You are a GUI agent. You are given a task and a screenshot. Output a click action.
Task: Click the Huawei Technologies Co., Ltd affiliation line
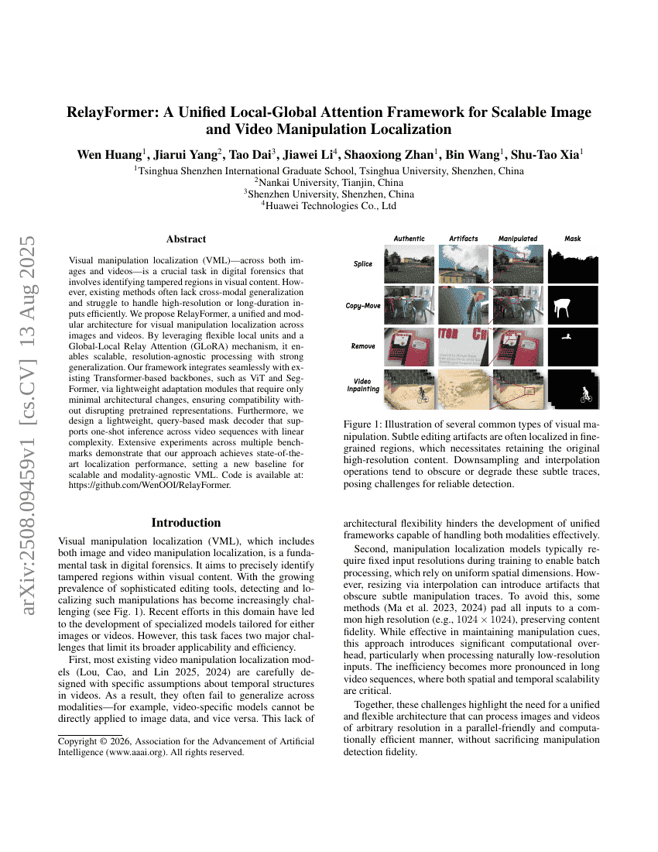pyautogui.click(x=329, y=206)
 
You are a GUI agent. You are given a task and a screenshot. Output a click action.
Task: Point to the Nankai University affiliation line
pyautogui.click(x=329, y=183)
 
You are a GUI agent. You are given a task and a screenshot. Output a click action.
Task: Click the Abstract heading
pyautogui.click(x=186, y=239)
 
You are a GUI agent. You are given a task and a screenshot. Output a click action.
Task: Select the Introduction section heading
pyautogui.click(x=186, y=522)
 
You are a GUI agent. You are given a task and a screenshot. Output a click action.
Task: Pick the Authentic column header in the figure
pyautogui.click(x=409, y=239)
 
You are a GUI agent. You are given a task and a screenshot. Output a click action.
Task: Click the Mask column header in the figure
pyautogui.click(x=573, y=239)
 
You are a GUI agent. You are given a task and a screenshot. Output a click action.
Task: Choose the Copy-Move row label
pyautogui.click(x=362, y=306)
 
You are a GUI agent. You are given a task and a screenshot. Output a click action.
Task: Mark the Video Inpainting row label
pyautogui.click(x=362, y=385)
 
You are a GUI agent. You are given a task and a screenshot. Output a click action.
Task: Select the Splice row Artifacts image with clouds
pyautogui.click(x=463, y=264)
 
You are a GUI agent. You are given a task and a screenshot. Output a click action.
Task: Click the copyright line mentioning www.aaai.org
pyautogui.click(x=151, y=752)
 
